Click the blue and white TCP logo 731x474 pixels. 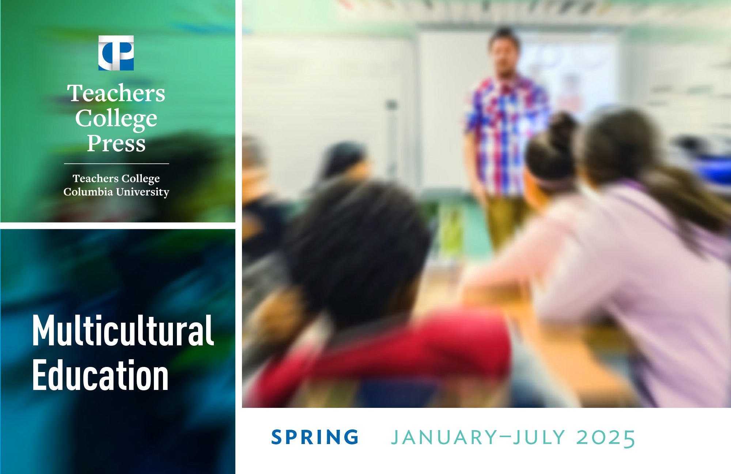(x=116, y=53)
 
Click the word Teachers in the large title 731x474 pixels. (x=116, y=93)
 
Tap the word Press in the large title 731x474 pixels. (x=116, y=143)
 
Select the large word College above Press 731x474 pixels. (x=116, y=119)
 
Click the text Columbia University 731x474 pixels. (x=116, y=192)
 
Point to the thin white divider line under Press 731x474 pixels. (x=117, y=164)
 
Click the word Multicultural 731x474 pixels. (x=123, y=330)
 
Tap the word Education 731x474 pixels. (x=101, y=375)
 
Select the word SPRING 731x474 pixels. (x=315, y=437)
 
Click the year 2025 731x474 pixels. (x=606, y=438)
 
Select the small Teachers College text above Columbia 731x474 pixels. (x=116, y=178)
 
